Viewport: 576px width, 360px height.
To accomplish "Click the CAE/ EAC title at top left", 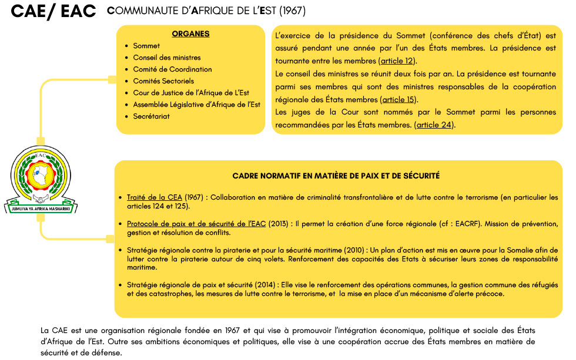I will pos(53,12).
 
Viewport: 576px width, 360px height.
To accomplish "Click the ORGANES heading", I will pos(190,34).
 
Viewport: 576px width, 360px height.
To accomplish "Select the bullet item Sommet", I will pos(146,46).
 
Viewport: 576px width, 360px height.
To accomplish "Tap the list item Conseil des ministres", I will pos(167,58).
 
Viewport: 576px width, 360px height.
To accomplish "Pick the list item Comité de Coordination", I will pos(172,69).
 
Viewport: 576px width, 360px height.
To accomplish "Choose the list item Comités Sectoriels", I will pos(163,81).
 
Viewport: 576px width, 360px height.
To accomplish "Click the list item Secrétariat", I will pos(152,116).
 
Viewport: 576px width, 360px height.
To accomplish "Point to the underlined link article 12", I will pos(398,61).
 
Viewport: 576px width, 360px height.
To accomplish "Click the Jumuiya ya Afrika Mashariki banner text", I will pos(41,208).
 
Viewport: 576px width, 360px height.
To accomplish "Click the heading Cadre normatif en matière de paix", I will pos(336,176).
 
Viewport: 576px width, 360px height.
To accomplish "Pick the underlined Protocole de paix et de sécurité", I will pos(197,224).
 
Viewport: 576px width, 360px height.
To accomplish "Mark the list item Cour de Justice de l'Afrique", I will pos(191,93).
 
